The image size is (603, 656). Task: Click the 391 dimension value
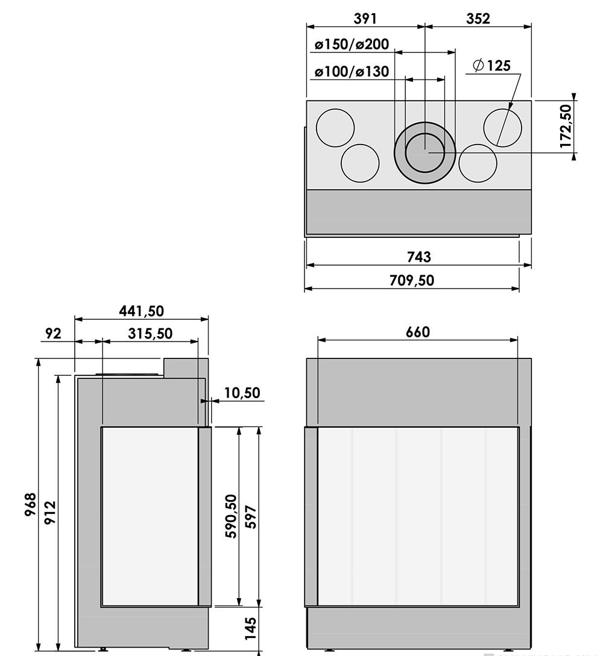[x=365, y=18]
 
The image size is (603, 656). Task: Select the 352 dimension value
[x=478, y=18]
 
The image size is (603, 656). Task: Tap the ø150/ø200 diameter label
[x=352, y=45]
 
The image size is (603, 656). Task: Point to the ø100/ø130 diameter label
[x=352, y=72]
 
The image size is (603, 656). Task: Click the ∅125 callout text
[x=491, y=65]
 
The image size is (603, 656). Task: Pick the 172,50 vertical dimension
[x=565, y=126]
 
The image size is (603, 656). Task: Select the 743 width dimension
[x=418, y=257]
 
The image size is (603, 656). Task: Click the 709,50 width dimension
[x=411, y=280]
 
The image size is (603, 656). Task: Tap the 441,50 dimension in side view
[x=141, y=311]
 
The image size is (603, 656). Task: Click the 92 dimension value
[x=54, y=333]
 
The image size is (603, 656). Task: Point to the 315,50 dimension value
[x=150, y=333]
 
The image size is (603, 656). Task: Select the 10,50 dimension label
[x=242, y=393]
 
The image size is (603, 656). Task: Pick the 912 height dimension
[x=50, y=512]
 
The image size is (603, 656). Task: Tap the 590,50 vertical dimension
[x=231, y=516]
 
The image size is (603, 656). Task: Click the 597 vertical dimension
[x=251, y=517]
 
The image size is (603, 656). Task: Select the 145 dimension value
[x=251, y=628]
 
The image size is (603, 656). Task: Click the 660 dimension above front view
[x=417, y=332]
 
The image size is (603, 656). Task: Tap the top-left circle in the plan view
[x=335, y=128]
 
